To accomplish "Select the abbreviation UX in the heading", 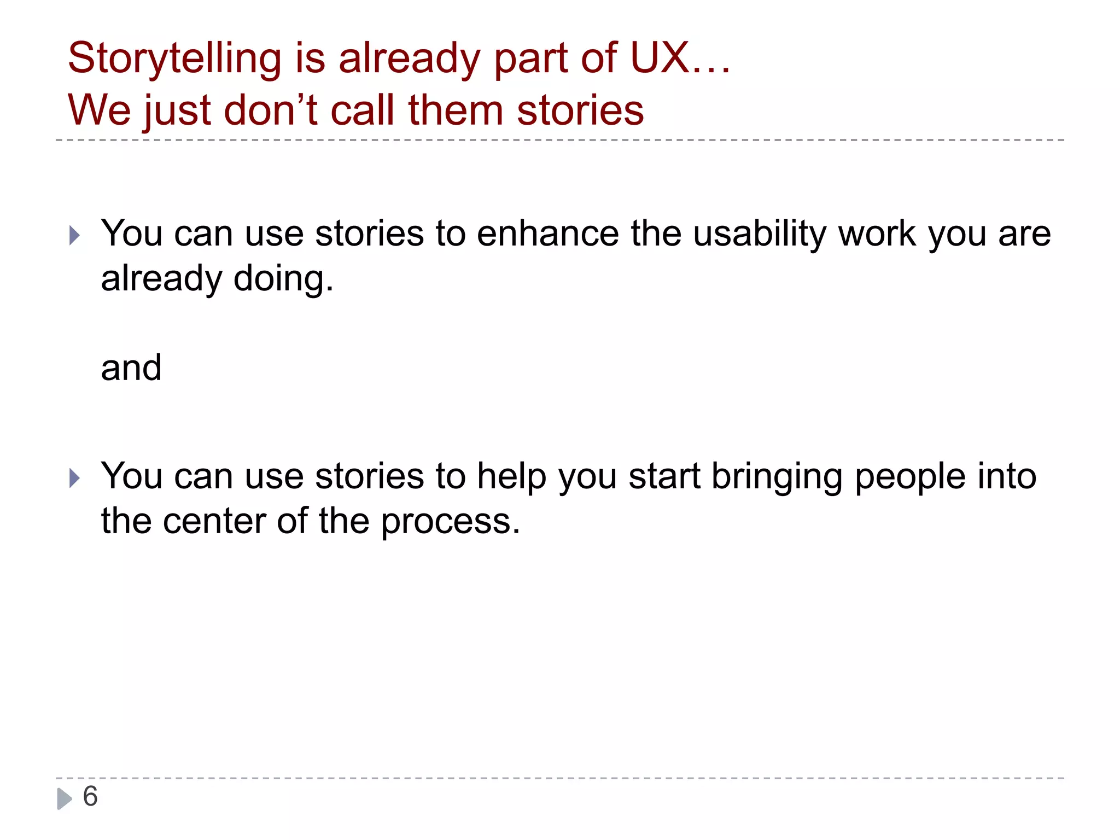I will click(x=659, y=57).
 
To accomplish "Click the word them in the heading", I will click(x=456, y=110).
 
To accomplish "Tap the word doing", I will click(x=283, y=279).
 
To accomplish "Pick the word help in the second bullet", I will click(x=511, y=477).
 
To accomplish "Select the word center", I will click(x=214, y=522).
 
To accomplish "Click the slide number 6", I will click(x=90, y=796).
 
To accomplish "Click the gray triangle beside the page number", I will click(x=65, y=798).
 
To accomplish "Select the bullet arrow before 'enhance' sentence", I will click(x=75, y=236).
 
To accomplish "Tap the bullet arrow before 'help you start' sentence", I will click(x=75, y=479).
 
